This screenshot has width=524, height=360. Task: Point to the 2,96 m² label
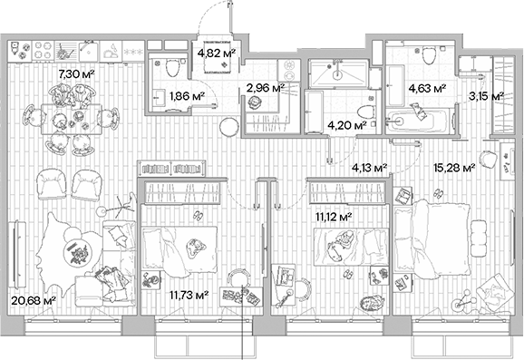tap(266, 88)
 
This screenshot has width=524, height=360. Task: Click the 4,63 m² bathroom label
tap(426, 88)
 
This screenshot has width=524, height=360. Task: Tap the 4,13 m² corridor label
tap(370, 167)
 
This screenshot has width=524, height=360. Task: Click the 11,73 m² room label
tap(190, 294)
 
